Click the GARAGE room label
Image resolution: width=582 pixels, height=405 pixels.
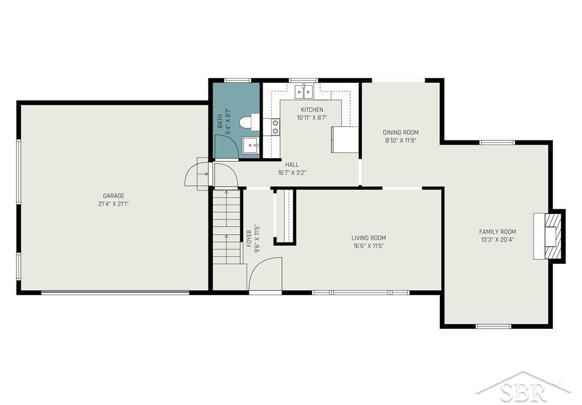pos(114,196)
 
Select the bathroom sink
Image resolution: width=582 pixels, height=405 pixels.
pos(251,145)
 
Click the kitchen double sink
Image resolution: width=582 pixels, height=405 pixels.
pos(304,92)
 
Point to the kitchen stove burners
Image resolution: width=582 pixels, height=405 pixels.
pos(276,126)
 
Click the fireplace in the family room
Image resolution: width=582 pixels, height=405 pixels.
pos(550,236)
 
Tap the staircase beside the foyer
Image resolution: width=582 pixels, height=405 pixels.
pos(227,226)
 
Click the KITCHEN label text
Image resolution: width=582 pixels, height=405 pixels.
pos(312,110)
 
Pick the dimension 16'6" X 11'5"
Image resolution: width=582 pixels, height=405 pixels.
pos(368,246)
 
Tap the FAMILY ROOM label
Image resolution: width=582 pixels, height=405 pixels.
pos(497,232)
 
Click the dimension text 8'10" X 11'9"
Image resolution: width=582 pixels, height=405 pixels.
pos(401,140)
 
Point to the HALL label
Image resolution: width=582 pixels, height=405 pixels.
pos(292,164)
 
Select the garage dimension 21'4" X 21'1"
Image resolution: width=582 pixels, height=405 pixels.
pos(114,204)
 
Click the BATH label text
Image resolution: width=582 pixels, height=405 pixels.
pos(220,121)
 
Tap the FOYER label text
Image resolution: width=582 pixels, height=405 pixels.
pos(249,238)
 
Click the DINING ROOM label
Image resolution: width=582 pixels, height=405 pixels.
pos(401,133)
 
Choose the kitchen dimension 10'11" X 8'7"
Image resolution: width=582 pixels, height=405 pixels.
pos(312,117)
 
